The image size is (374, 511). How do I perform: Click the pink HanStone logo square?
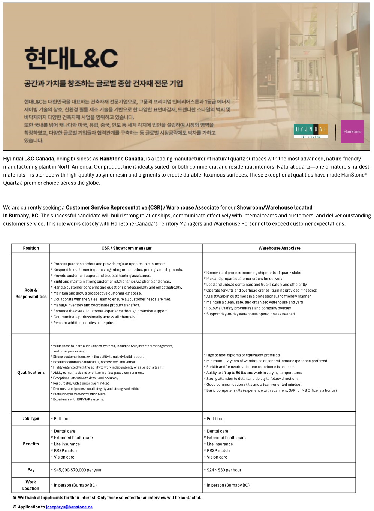point(352,132)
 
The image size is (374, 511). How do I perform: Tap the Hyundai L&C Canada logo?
point(311,131)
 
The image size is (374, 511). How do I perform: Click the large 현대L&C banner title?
point(71,58)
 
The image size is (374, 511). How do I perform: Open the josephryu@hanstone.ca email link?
point(69,507)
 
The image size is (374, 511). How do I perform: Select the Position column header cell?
point(31,248)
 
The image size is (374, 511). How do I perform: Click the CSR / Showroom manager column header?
point(126,248)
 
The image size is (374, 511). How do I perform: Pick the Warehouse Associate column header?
point(279,248)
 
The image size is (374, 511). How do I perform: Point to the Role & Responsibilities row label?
point(31,293)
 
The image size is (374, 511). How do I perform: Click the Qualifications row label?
point(31,372)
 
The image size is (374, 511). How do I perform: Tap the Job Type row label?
point(31,418)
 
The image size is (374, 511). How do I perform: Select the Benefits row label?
point(31,444)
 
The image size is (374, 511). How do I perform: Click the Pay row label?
point(31,470)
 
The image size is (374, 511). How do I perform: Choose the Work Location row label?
point(31,485)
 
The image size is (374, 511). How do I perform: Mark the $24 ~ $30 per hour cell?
point(224,470)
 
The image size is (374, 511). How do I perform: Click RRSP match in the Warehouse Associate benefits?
point(218,451)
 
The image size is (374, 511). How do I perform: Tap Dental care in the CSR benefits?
point(64,431)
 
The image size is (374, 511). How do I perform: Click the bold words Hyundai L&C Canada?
point(29,159)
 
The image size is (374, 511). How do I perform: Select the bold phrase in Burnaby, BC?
point(21,216)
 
